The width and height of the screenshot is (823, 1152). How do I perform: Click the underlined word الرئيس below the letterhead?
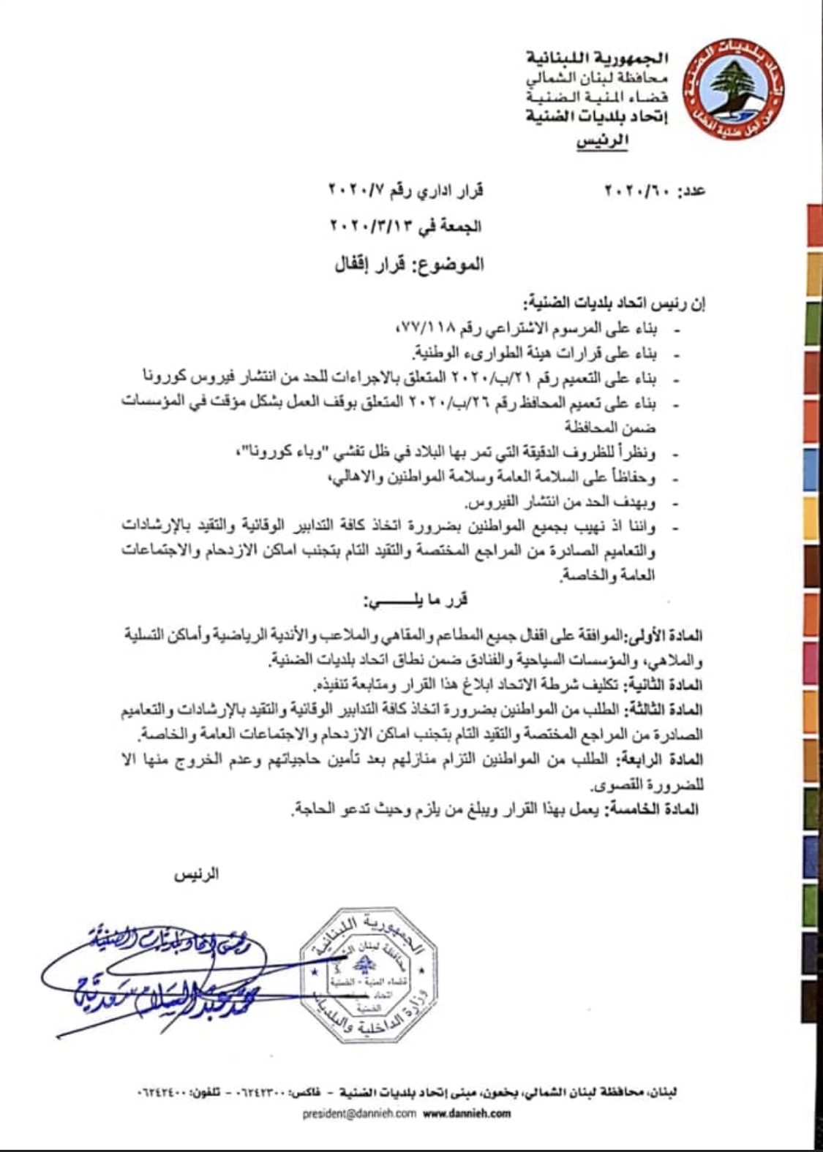point(602,141)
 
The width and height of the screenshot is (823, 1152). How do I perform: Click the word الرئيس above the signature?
point(196,874)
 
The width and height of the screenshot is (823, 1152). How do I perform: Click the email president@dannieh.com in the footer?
point(359,1114)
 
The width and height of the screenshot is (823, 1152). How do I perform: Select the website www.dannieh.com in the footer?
point(467,1114)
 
